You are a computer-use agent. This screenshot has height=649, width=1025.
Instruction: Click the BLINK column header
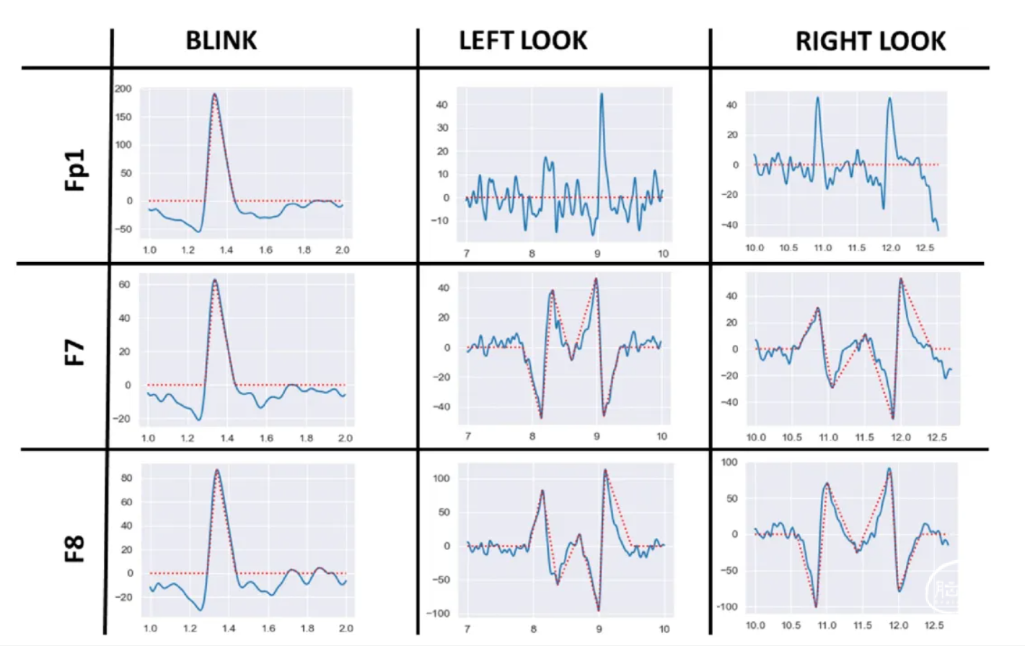click(x=221, y=40)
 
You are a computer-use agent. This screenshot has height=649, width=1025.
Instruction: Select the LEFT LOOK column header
click(x=523, y=40)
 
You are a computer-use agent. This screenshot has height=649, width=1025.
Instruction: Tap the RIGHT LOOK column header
click(x=870, y=41)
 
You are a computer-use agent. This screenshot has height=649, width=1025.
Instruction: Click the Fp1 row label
click(x=75, y=170)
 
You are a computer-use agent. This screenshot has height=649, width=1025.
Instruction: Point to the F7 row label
click(x=75, y=353)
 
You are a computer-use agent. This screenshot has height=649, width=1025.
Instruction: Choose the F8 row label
click(x=75, y=549)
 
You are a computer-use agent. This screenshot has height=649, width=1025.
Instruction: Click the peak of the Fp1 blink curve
click(x=214, y=94)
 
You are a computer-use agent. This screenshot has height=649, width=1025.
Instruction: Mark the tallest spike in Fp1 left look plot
click(x=602, y=93)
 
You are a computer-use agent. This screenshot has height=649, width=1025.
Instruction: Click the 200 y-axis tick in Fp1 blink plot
click(x=123, y=89)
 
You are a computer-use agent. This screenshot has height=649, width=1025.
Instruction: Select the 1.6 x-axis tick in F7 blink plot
click(x=266, y=438)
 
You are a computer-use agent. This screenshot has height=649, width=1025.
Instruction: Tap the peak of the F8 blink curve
click(x=217, y=471)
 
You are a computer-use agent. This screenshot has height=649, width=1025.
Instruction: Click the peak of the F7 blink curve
click(x=214, y=280)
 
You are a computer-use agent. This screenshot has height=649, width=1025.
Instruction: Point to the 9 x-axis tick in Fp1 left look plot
click(x=597, y=253)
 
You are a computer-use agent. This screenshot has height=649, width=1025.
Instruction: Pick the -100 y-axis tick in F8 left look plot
click(x=437, y=614)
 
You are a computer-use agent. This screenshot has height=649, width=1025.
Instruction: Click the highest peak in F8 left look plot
click(x=605, y=470)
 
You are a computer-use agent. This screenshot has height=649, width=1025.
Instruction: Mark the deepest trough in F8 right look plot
click(x=816, y=606)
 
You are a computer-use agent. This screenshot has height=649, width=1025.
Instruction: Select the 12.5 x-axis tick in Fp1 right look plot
click(x=925, y=248)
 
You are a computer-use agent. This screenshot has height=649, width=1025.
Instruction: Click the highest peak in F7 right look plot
click(x=901, y=279)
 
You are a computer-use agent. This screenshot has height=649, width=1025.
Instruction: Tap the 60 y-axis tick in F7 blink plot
click(x=125, y=284)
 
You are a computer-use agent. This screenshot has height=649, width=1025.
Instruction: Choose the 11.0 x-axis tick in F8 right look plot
click(x=827, y=625)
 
